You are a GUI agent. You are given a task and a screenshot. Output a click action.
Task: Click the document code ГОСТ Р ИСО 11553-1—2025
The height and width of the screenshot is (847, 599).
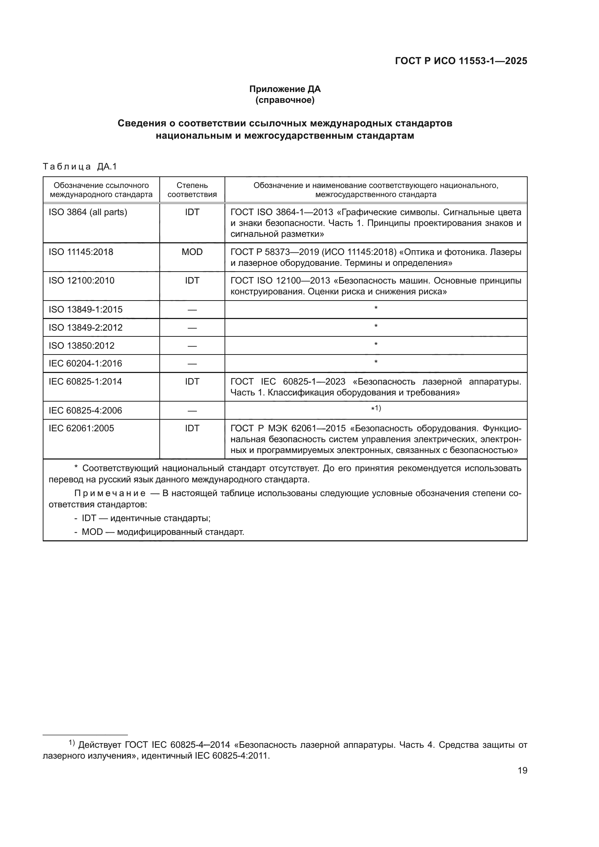(x=461, y=61)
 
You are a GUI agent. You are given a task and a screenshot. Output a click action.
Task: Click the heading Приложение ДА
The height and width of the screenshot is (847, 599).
(x=285, y=89)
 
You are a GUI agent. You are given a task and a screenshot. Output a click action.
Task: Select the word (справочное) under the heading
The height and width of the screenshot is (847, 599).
(x=285, y=100)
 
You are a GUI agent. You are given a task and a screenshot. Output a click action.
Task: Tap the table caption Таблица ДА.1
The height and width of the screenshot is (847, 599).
(x=80, y=167)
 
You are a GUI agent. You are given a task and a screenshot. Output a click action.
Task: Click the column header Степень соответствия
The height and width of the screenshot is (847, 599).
(x=192, y=190)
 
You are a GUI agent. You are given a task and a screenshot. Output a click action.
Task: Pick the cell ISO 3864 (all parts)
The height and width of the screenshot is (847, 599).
(x=88, y=212)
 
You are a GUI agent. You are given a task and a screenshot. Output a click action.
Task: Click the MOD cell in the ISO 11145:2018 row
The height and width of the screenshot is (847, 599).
(x=192, y=252)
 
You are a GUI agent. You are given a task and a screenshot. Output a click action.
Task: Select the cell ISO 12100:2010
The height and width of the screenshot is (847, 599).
(x=81, y=280)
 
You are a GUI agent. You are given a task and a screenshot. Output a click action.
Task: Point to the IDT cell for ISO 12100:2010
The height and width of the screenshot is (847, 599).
(x=192, y=280)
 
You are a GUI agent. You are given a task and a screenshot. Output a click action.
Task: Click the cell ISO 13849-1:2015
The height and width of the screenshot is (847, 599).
(x=85, y=310)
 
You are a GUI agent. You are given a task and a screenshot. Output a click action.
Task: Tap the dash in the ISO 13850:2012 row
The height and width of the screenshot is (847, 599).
(x=192, y=346)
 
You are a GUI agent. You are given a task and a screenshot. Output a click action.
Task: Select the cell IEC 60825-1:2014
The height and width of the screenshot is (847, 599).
(x=85, y=381)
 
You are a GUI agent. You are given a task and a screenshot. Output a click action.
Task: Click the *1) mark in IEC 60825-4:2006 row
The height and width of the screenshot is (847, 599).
(x=376, y=408)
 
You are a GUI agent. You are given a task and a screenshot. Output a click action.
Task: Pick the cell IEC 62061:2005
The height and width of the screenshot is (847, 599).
(x=81, y=428)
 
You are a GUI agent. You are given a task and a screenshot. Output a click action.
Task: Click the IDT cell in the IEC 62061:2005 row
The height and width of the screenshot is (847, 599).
(x=192, y=428)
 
